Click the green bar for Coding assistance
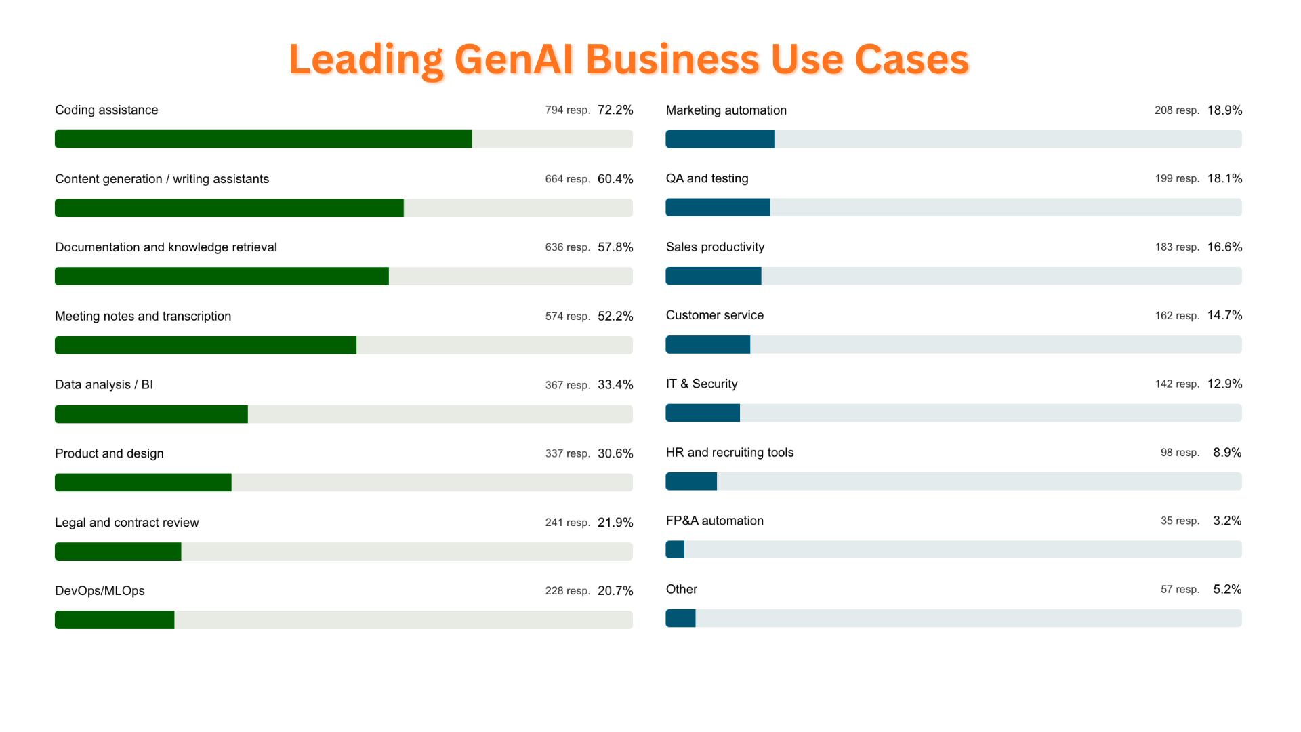click(263, 139)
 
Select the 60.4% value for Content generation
click(615, 179)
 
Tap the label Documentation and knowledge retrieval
click(166, 247)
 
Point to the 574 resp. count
click(567, 317)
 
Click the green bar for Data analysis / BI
click(151, 414)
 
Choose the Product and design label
click(109, 453)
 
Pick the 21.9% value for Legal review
click(615, 523)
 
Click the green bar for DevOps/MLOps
click(115, 619)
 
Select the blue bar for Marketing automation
click(720, 139)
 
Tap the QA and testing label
click(707, 178)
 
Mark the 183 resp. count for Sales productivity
click(1177, 247)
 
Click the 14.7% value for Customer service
click(1224, 315)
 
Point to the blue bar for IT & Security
click(703, 413)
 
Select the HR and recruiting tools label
click(730, 452)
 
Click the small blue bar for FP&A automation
click(675, 550)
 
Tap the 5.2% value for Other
click(1227, 590)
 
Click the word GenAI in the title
click(514, 59)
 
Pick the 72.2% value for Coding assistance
click(615, 110)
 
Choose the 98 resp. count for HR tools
click(1180, 453)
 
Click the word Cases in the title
click(911, 59)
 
